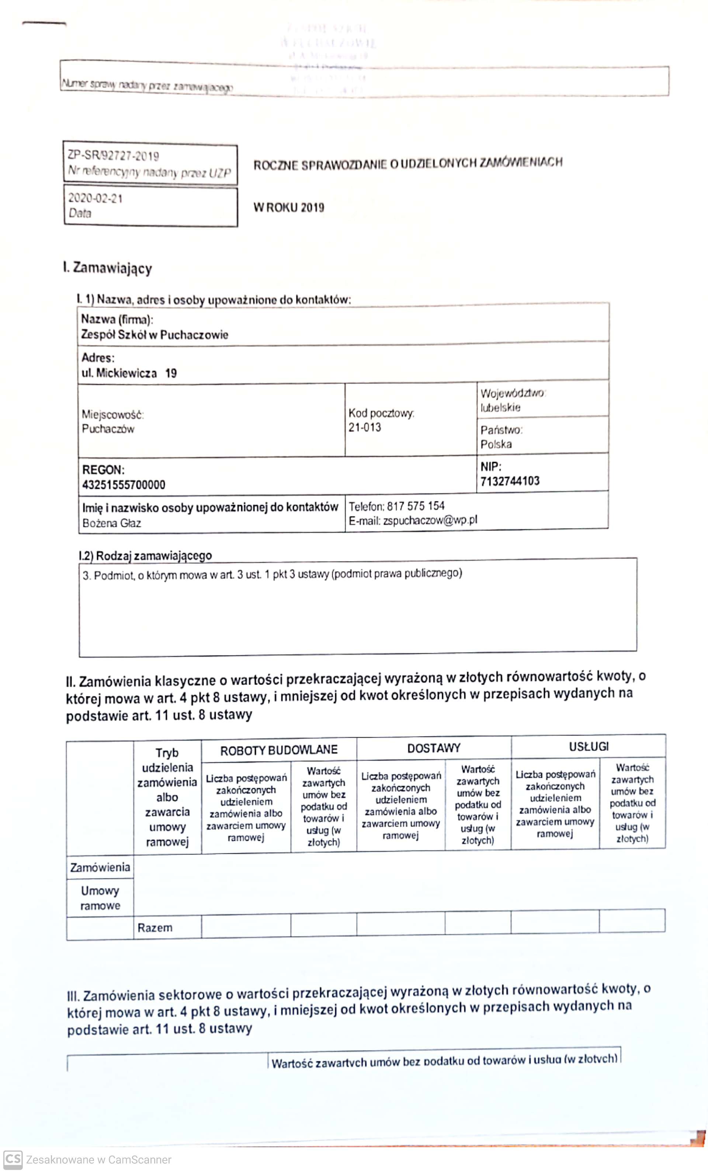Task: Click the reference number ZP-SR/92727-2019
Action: click(x=113, y=156)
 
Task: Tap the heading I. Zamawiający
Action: click(x=108, y=268)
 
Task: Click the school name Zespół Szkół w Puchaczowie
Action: click(x=154, y=335)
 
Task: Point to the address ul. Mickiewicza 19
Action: click(x=129, y=373)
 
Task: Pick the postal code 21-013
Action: click(x=365, y=428)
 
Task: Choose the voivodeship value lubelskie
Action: click(x=500, y=407)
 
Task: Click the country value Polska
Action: click(x=496, y=444)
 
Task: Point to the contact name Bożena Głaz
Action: click(x=111, y=523)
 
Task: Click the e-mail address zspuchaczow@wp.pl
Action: click(x=430, y=520)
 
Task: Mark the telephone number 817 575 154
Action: click(x=416, y=505)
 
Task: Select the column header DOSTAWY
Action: click(x=434, y=748)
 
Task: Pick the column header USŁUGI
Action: click(x=589, y=746)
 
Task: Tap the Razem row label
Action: click(x=155, y=928)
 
